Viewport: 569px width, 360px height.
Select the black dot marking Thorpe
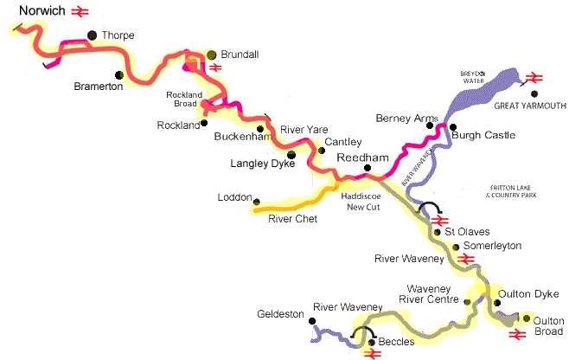[92, 35]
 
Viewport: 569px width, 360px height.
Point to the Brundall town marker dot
[212, 55]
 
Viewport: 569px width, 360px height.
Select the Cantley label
[343, 141]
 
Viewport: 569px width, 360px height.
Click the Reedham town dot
[367, 167]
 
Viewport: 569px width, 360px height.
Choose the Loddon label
[233, 197]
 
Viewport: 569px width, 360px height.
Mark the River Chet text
[291, 219]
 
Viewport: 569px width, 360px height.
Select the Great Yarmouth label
[530, 106]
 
